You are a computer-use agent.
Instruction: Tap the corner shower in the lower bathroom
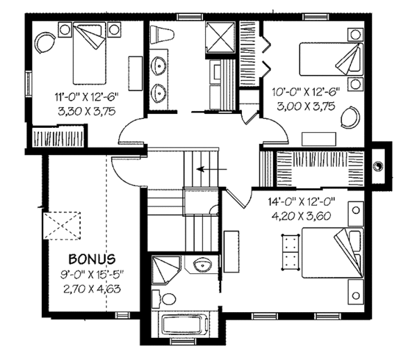(x=165, y=268)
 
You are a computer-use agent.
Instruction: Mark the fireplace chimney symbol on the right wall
(x=378, y=165)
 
